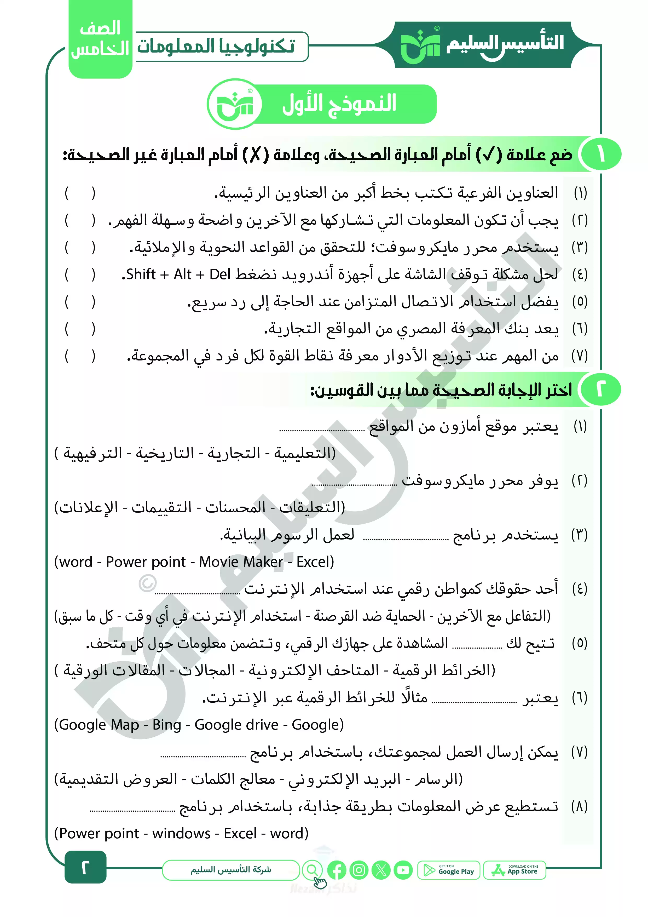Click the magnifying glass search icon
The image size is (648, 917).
[x=313, y=869]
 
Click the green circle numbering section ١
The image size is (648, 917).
[x=601, y=154]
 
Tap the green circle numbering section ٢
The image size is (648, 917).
[x=601, y=389]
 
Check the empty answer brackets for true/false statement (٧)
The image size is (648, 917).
[x=80, y=356]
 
